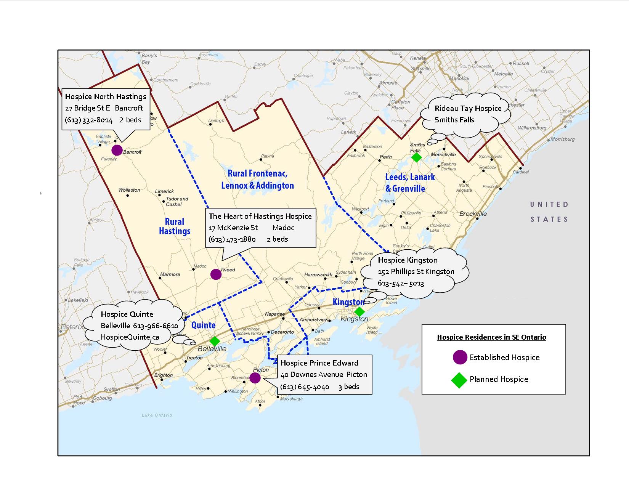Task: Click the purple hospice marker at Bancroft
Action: tap(117, 150)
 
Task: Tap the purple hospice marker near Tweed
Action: tap(216, 274)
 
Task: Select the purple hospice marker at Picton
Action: tap(255, 378)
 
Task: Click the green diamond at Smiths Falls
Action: tap(417, 157)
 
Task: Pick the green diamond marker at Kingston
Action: tap(359, 312)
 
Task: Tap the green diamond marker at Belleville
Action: tap(215, 341)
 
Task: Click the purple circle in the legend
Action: tap(460, 357)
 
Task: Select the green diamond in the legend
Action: tap(459, 380)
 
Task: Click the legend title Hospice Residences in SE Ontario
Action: tap(491, 337)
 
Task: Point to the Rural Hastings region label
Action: tap(175, 226)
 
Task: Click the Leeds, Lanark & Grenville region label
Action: tap(410, 183)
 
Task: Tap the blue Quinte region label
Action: tap(203, 325)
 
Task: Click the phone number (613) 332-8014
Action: tap(89, 120)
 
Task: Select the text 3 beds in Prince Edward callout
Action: tap(349, 387)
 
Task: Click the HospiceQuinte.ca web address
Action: tap(130, 337)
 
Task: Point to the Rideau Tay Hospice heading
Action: tap(468, 108)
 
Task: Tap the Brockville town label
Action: tap(473, 214)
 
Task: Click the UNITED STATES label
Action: tap(549, 212)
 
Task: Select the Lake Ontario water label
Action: tap(157, 415)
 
